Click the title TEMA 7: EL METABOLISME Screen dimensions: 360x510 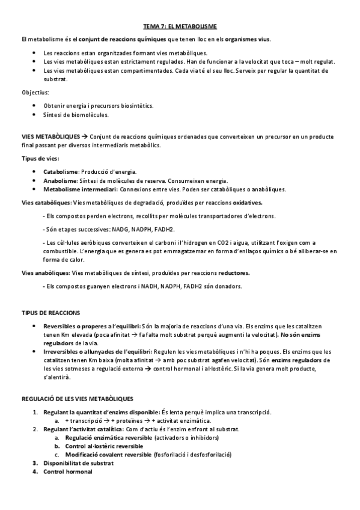tap(180, 27)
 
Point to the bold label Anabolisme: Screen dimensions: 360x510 tap(59, 180)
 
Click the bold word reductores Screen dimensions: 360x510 tap(234, 272)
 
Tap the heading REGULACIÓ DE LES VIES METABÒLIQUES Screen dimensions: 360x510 tap(77, 399)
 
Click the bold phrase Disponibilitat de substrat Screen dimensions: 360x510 tap(81, 463)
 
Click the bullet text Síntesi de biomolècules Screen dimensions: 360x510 tap(76, 114)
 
